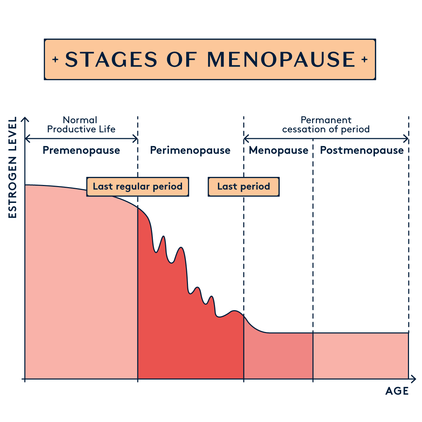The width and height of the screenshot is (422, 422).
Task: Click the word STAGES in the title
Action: (111, 59)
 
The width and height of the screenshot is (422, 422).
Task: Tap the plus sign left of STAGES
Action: (55, 59)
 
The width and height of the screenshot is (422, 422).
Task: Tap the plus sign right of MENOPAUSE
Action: (364, 59)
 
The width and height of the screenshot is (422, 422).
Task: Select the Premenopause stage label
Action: (81, 151)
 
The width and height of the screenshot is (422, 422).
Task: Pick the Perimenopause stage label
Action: (190, 151)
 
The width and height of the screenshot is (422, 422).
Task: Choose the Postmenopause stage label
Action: (362, 151)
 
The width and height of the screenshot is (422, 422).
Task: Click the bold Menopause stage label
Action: (279, 151)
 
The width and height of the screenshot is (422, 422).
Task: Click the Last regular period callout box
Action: (137, 186)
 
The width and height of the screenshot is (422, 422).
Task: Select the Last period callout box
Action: (244, 186)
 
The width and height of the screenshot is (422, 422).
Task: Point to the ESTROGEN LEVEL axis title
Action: (13, 167)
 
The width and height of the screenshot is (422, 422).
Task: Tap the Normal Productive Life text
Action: (81, 124)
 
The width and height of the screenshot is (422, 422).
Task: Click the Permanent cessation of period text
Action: (326, 124)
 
